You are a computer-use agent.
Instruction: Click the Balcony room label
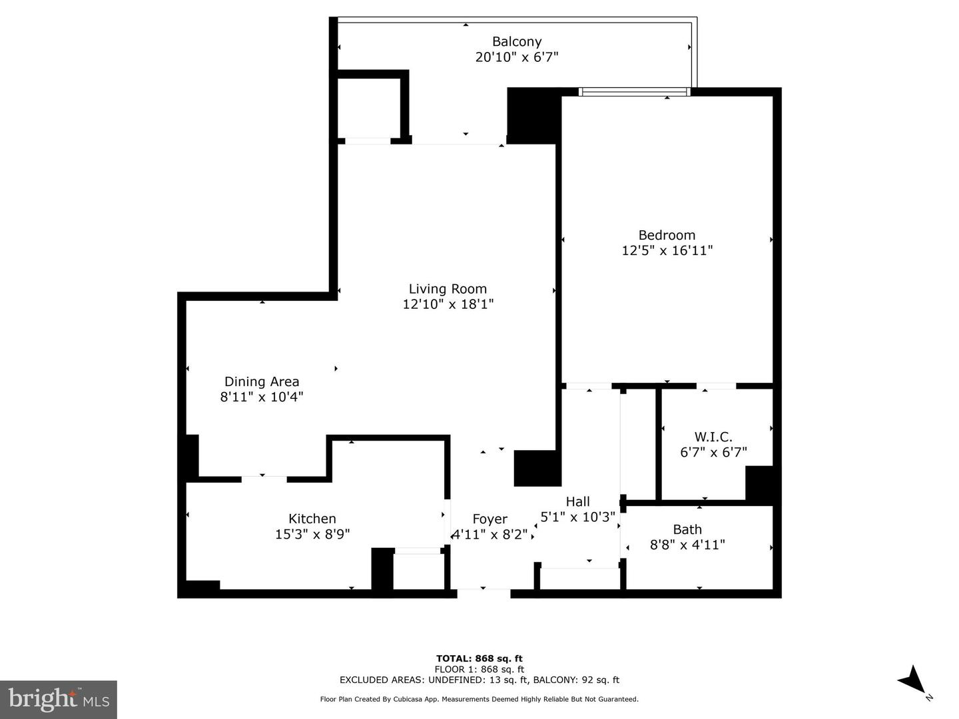516,41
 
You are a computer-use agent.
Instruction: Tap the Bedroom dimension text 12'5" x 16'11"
667,251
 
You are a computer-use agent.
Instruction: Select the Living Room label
448,289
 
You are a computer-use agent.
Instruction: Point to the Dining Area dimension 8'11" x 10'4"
262,397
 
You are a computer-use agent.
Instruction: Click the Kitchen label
312,519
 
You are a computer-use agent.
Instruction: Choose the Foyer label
489,519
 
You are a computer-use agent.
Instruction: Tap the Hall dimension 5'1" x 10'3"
577,517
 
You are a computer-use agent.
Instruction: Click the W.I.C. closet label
713,437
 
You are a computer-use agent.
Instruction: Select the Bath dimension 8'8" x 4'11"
687,545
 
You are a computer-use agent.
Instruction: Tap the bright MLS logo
59,699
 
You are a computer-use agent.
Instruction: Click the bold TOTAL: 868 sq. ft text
479,659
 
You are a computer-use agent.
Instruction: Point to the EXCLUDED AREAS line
479,680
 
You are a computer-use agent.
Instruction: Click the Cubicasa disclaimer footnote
479,699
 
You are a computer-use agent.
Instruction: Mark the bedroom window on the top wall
634,92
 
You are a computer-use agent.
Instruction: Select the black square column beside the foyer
536,468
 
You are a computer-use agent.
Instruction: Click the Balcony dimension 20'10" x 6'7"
516,57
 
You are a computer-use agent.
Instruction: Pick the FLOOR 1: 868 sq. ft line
479,670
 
